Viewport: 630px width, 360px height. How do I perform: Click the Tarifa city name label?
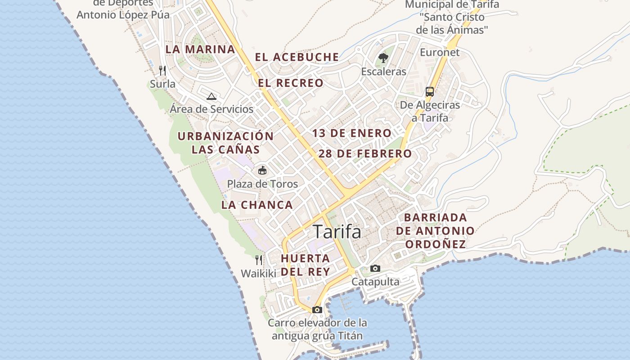coord(337,232)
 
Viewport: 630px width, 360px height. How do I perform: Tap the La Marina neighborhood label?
coord(200,49)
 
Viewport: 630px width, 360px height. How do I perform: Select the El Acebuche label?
coord(297,57)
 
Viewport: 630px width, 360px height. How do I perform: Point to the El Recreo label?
coord(291,83)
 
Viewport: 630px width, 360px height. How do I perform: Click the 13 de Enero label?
coord(352,133)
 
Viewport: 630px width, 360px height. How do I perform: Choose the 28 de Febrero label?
coord(365,153)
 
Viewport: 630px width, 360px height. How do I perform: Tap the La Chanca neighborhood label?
coord(257,205)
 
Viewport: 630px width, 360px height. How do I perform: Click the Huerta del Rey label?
coord(306,265)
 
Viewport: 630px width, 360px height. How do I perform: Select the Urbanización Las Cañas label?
coord(225,143)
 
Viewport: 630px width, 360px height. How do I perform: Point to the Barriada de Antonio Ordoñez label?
coord(435,230)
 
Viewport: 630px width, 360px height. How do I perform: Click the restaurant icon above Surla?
coord(162,71)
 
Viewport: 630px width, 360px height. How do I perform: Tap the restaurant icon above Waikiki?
coord(258,260)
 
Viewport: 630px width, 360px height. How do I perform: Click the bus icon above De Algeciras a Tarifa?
coord(430,92)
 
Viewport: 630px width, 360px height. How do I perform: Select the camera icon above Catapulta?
coord(375,269)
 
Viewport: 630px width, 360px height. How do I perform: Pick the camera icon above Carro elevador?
coord(317,310)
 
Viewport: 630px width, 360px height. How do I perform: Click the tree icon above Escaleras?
coord(383,58)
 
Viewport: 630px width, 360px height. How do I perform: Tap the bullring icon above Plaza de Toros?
coord(262,170)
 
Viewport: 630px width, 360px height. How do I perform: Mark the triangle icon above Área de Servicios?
coord(211,96)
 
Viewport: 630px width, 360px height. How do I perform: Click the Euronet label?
coord(440,52)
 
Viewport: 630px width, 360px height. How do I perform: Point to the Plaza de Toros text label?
coord(262,184)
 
